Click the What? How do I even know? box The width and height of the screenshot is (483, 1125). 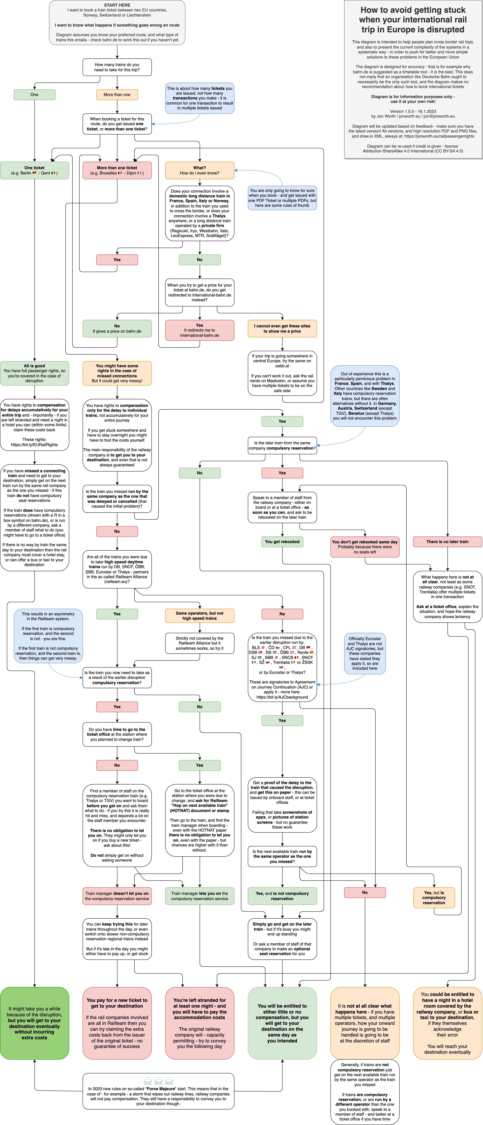click(199, 170)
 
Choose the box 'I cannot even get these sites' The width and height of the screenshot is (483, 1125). click(282, 328)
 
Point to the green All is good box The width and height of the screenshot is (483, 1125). click(35, 373)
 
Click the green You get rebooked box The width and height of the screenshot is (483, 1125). click(282, 542)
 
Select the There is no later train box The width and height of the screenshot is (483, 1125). click(447, 542)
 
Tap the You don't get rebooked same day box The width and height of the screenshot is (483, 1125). click(365, 547)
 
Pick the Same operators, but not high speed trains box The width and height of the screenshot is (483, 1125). click(199, 616)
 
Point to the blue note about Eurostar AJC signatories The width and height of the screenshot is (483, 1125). click(365, 653)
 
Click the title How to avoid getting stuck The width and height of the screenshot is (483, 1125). click(413, 20)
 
